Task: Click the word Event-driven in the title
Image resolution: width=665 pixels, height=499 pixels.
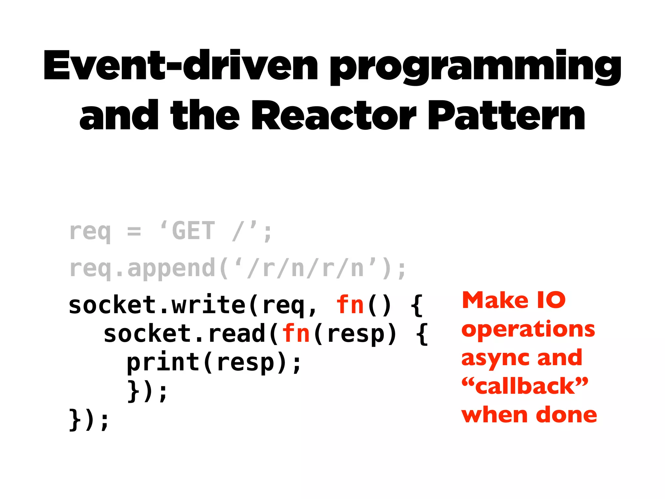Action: (181, 65)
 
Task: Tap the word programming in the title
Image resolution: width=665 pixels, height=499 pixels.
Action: (475, 67)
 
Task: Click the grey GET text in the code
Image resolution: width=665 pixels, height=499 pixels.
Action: (193, 231)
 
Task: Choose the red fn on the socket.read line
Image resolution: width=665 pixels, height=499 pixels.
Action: (296, 334)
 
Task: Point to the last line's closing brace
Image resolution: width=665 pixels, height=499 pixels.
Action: (75, 420)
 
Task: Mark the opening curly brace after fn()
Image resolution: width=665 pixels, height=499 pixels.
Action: (417, 305)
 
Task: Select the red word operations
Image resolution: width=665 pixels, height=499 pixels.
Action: (528, 329)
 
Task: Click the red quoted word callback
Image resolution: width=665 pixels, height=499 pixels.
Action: (524, 387)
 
